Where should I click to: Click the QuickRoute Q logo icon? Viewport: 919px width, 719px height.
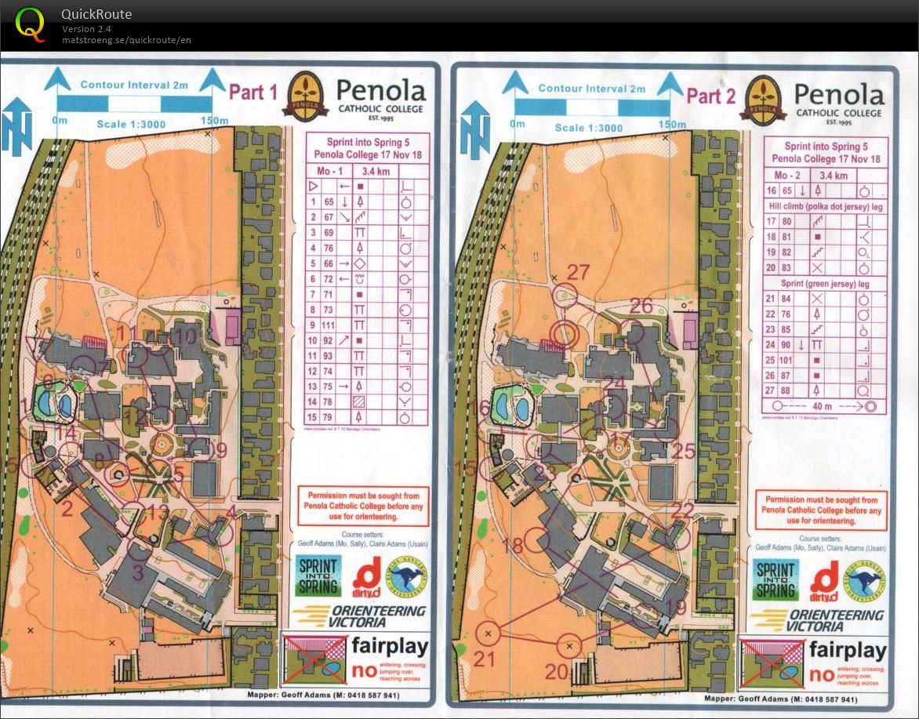pyautogui.click(x=31, y=24)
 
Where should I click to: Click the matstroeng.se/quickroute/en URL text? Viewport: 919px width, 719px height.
pyautogui.click(x=126, y=40)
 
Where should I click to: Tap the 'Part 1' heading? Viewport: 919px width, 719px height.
pyautogui.click(x=252, y=93)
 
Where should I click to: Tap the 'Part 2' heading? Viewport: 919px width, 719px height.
pyautogui.click(x=710, y=96)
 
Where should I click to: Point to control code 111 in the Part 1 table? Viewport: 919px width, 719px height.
pyautogui.click(x=329, y=325)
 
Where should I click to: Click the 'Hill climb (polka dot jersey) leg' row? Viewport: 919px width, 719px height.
pyautogui.click(x=825, y=205)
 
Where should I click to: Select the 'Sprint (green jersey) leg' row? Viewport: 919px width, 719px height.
pyautogui.click(x=825, y=283)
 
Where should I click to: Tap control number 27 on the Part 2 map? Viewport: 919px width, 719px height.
pyautogui.click(x=578, y=273)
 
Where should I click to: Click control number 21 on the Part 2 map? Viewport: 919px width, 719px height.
pyautogui.click(x=485, y=659)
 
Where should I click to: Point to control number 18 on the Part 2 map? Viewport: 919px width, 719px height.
pyautogui.click(x=513, y=546)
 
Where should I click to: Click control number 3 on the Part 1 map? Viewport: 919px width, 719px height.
pyautogui.click(x=138, y=572)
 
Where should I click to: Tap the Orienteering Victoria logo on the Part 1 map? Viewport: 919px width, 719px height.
pyautogui.click(x=361, y=616)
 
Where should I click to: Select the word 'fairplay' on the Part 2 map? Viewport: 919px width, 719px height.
pyautogui.click(x=848, y=649)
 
